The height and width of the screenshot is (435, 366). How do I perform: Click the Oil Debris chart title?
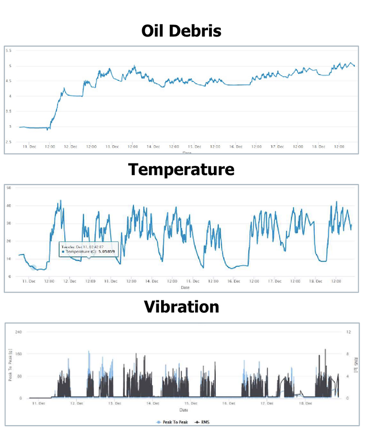click(x=181, y=31)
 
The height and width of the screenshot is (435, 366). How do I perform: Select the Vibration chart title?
click(x=181, y=307)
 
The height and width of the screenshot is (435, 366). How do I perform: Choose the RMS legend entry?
click(x=201, y=421)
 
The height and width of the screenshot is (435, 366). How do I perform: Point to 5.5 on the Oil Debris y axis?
click(x=9, y=50)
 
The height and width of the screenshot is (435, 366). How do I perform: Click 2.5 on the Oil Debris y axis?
click(x=9, y=142)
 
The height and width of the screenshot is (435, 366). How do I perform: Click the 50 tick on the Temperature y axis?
click(x=8, y=187)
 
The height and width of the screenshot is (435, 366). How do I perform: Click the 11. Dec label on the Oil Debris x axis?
click(x=28, y=147)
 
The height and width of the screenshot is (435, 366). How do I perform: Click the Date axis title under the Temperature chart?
click(x=185, y=287)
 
